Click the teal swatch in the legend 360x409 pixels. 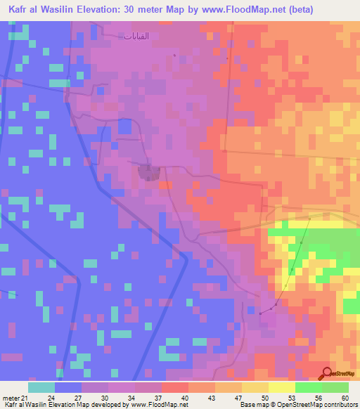pos(41,387)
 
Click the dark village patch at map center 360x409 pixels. pos(148,171)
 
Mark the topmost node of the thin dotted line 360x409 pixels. pos(309,219)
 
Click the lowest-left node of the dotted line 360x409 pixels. pos(260,313)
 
